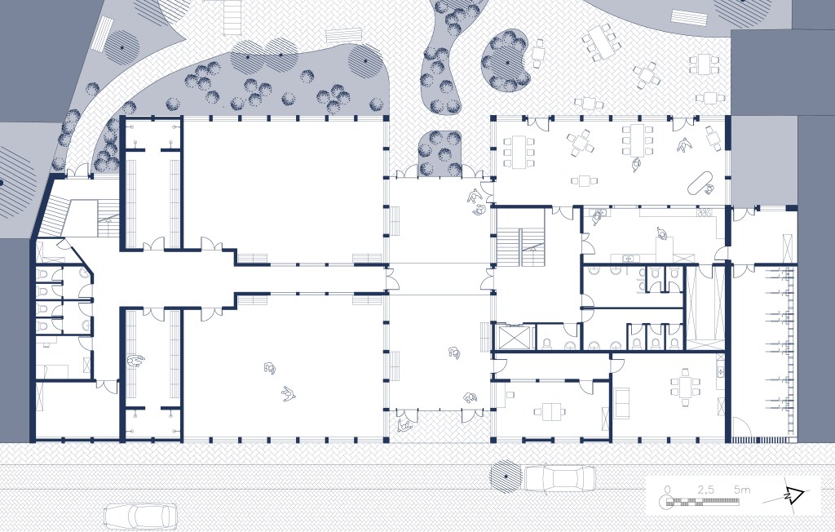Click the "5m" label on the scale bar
click(x=742, y=489)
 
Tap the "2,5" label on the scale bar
click(x=705, y=490)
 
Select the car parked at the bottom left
click(x=140, y=516)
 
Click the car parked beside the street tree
click(x=559, y=478)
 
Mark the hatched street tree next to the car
click(x=505, y=473)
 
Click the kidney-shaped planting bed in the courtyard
click(x=506, y=61)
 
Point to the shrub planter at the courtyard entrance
click(x=440, y=153)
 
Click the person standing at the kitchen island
click(x=662, y=233)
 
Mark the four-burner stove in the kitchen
click(x=705, y=213)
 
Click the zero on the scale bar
click(x=667, y=490)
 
